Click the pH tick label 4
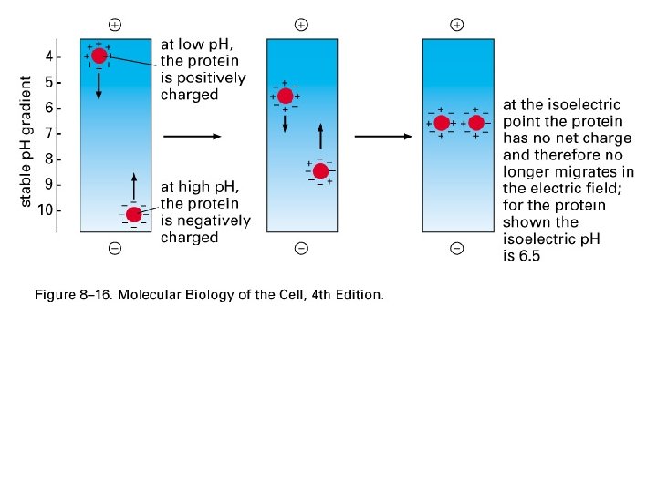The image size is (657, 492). tap(49, 56)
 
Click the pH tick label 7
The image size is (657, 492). tap(49, 134)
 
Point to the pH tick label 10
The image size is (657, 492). tap(47, 210)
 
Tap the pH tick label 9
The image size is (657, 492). tap(49, 185)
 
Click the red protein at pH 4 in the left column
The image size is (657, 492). tap(99, 56)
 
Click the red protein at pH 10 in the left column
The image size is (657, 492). tap(134, 215)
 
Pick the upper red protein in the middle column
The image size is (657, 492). tap(285, 96)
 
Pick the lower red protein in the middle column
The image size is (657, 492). tap(320, 170)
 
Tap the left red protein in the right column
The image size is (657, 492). tap(442, 123)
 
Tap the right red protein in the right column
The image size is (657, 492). tap(475, 123)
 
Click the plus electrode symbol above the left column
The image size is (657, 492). tap(114, 24)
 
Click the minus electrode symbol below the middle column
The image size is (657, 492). tap(301, 248)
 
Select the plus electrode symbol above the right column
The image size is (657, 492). tap(457, 24)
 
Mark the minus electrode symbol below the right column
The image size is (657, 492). tap(457, 248)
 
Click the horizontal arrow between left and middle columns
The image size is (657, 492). tap(192, 137)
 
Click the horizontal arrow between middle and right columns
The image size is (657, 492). tap(383, 137)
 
